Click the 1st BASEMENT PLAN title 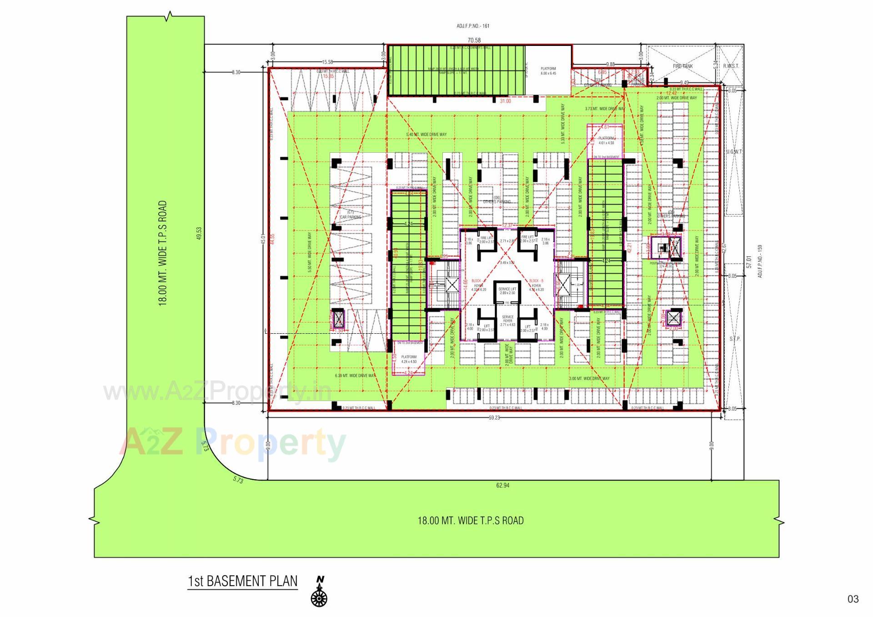242,581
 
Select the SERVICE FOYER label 507,321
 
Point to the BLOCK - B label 536,281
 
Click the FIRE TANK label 682,66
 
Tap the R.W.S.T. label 731,66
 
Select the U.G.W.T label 734,152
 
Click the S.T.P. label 734,339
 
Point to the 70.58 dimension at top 474,40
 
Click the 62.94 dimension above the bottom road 502,486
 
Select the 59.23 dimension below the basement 494,417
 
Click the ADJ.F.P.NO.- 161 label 473,26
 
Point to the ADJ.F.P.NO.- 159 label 760,261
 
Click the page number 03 853,599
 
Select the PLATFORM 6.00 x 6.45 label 548,71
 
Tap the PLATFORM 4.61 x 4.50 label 606,140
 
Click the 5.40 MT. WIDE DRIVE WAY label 426,135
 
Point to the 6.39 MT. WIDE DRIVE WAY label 355,376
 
